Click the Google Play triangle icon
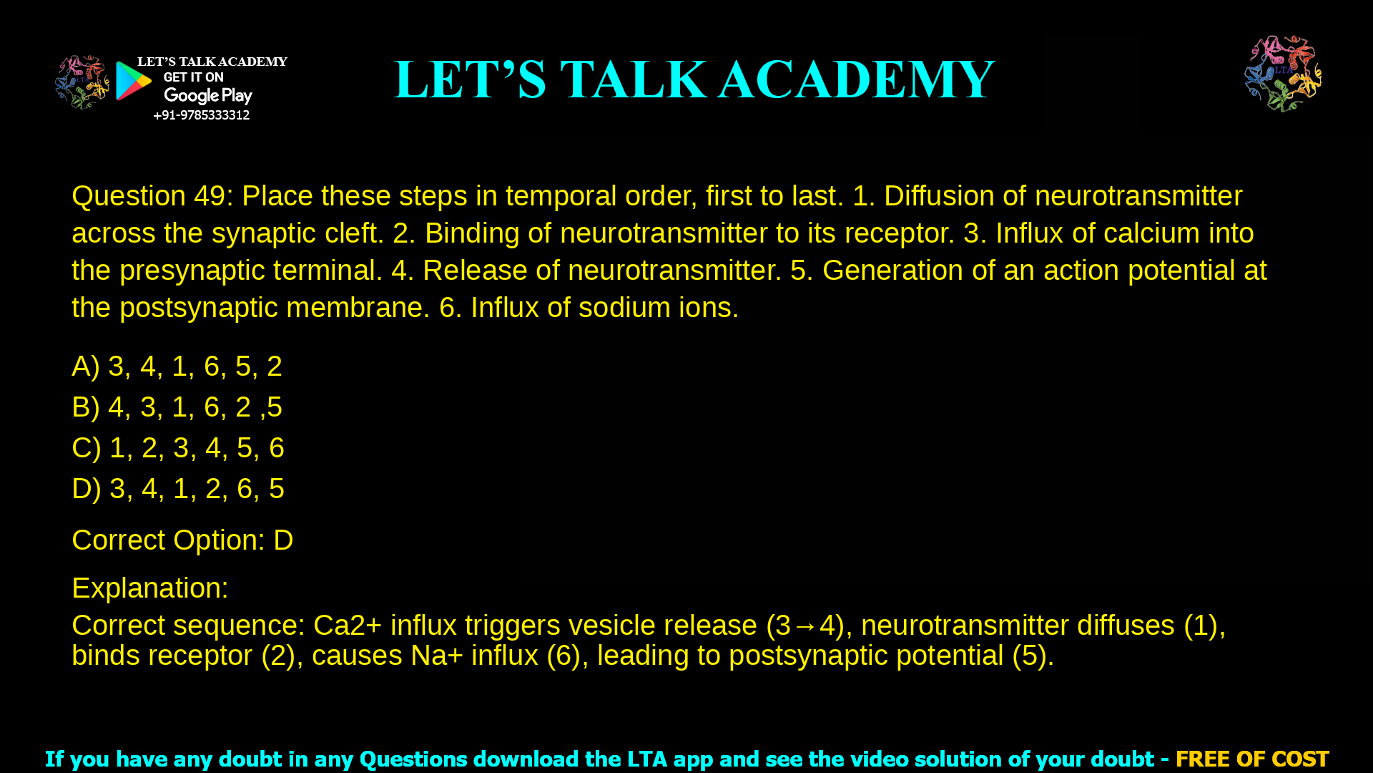click(133, 81)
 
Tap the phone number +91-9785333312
click(201, 115)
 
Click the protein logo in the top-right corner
click(1283, 74)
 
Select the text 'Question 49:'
click(152, 196)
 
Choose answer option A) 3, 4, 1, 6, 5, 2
click(177, 366)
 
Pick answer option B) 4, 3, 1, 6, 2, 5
click(177, 407)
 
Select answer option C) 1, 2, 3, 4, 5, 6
click(178, 448)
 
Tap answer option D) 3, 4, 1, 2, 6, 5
click(178, 489)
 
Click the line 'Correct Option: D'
click(182, 540)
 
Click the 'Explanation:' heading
click(150, 588)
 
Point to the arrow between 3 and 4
click(805, 626)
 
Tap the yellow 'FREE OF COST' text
click(1251, 759)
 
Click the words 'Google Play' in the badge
click(207, 96)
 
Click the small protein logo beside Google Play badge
click(82, 82)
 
